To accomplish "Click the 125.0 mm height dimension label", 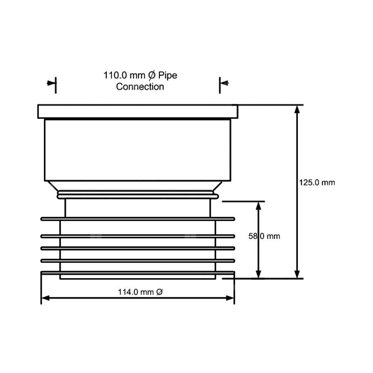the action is pyautogui.click(x=317, y=183).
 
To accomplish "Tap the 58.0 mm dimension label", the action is pyautogui.click(x=264, y=236).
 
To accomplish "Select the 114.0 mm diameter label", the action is pyautogui.click(x=140, y=292).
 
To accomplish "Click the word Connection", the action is pyautogui.click(x=140, y=87).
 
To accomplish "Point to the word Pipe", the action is pyautogui.click(x=168, y=75).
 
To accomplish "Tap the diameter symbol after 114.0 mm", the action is pyautogui.click(x=160, y=292).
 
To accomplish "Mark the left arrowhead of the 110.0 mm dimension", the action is pyautogui.click(x=51, y=83).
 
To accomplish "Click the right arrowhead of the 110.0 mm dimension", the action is pyautogui.click(x=224, y=83).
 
